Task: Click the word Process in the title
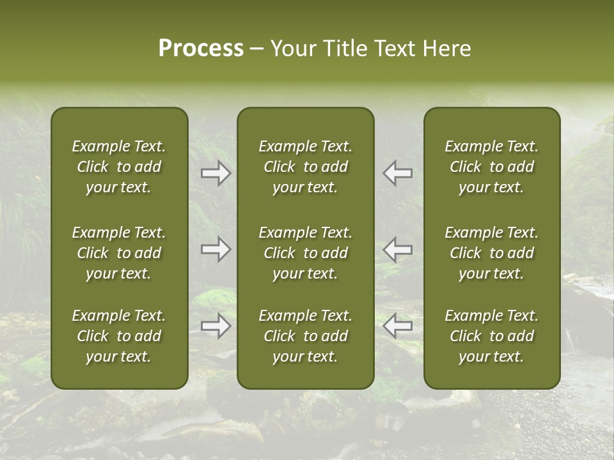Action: point(201,49)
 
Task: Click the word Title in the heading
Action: point(345,49)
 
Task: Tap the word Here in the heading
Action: point(446,49)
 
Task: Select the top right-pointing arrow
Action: point(216,173)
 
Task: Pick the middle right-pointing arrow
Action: point(216,249)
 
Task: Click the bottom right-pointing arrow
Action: point(216,326)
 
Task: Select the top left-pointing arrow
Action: point(398,173)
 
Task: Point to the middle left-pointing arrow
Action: point(398,249)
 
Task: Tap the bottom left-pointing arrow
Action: point(398,326)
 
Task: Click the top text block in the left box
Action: point(119,167)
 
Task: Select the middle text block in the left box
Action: point(119,253)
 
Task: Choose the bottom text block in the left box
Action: point(119,336)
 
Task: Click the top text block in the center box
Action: point(306,167)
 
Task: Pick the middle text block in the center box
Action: point(306,253)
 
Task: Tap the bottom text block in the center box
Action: point(306,336)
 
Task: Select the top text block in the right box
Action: point(492,167)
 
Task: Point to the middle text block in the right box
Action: point(492,253)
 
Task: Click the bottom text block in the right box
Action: point(492,336)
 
